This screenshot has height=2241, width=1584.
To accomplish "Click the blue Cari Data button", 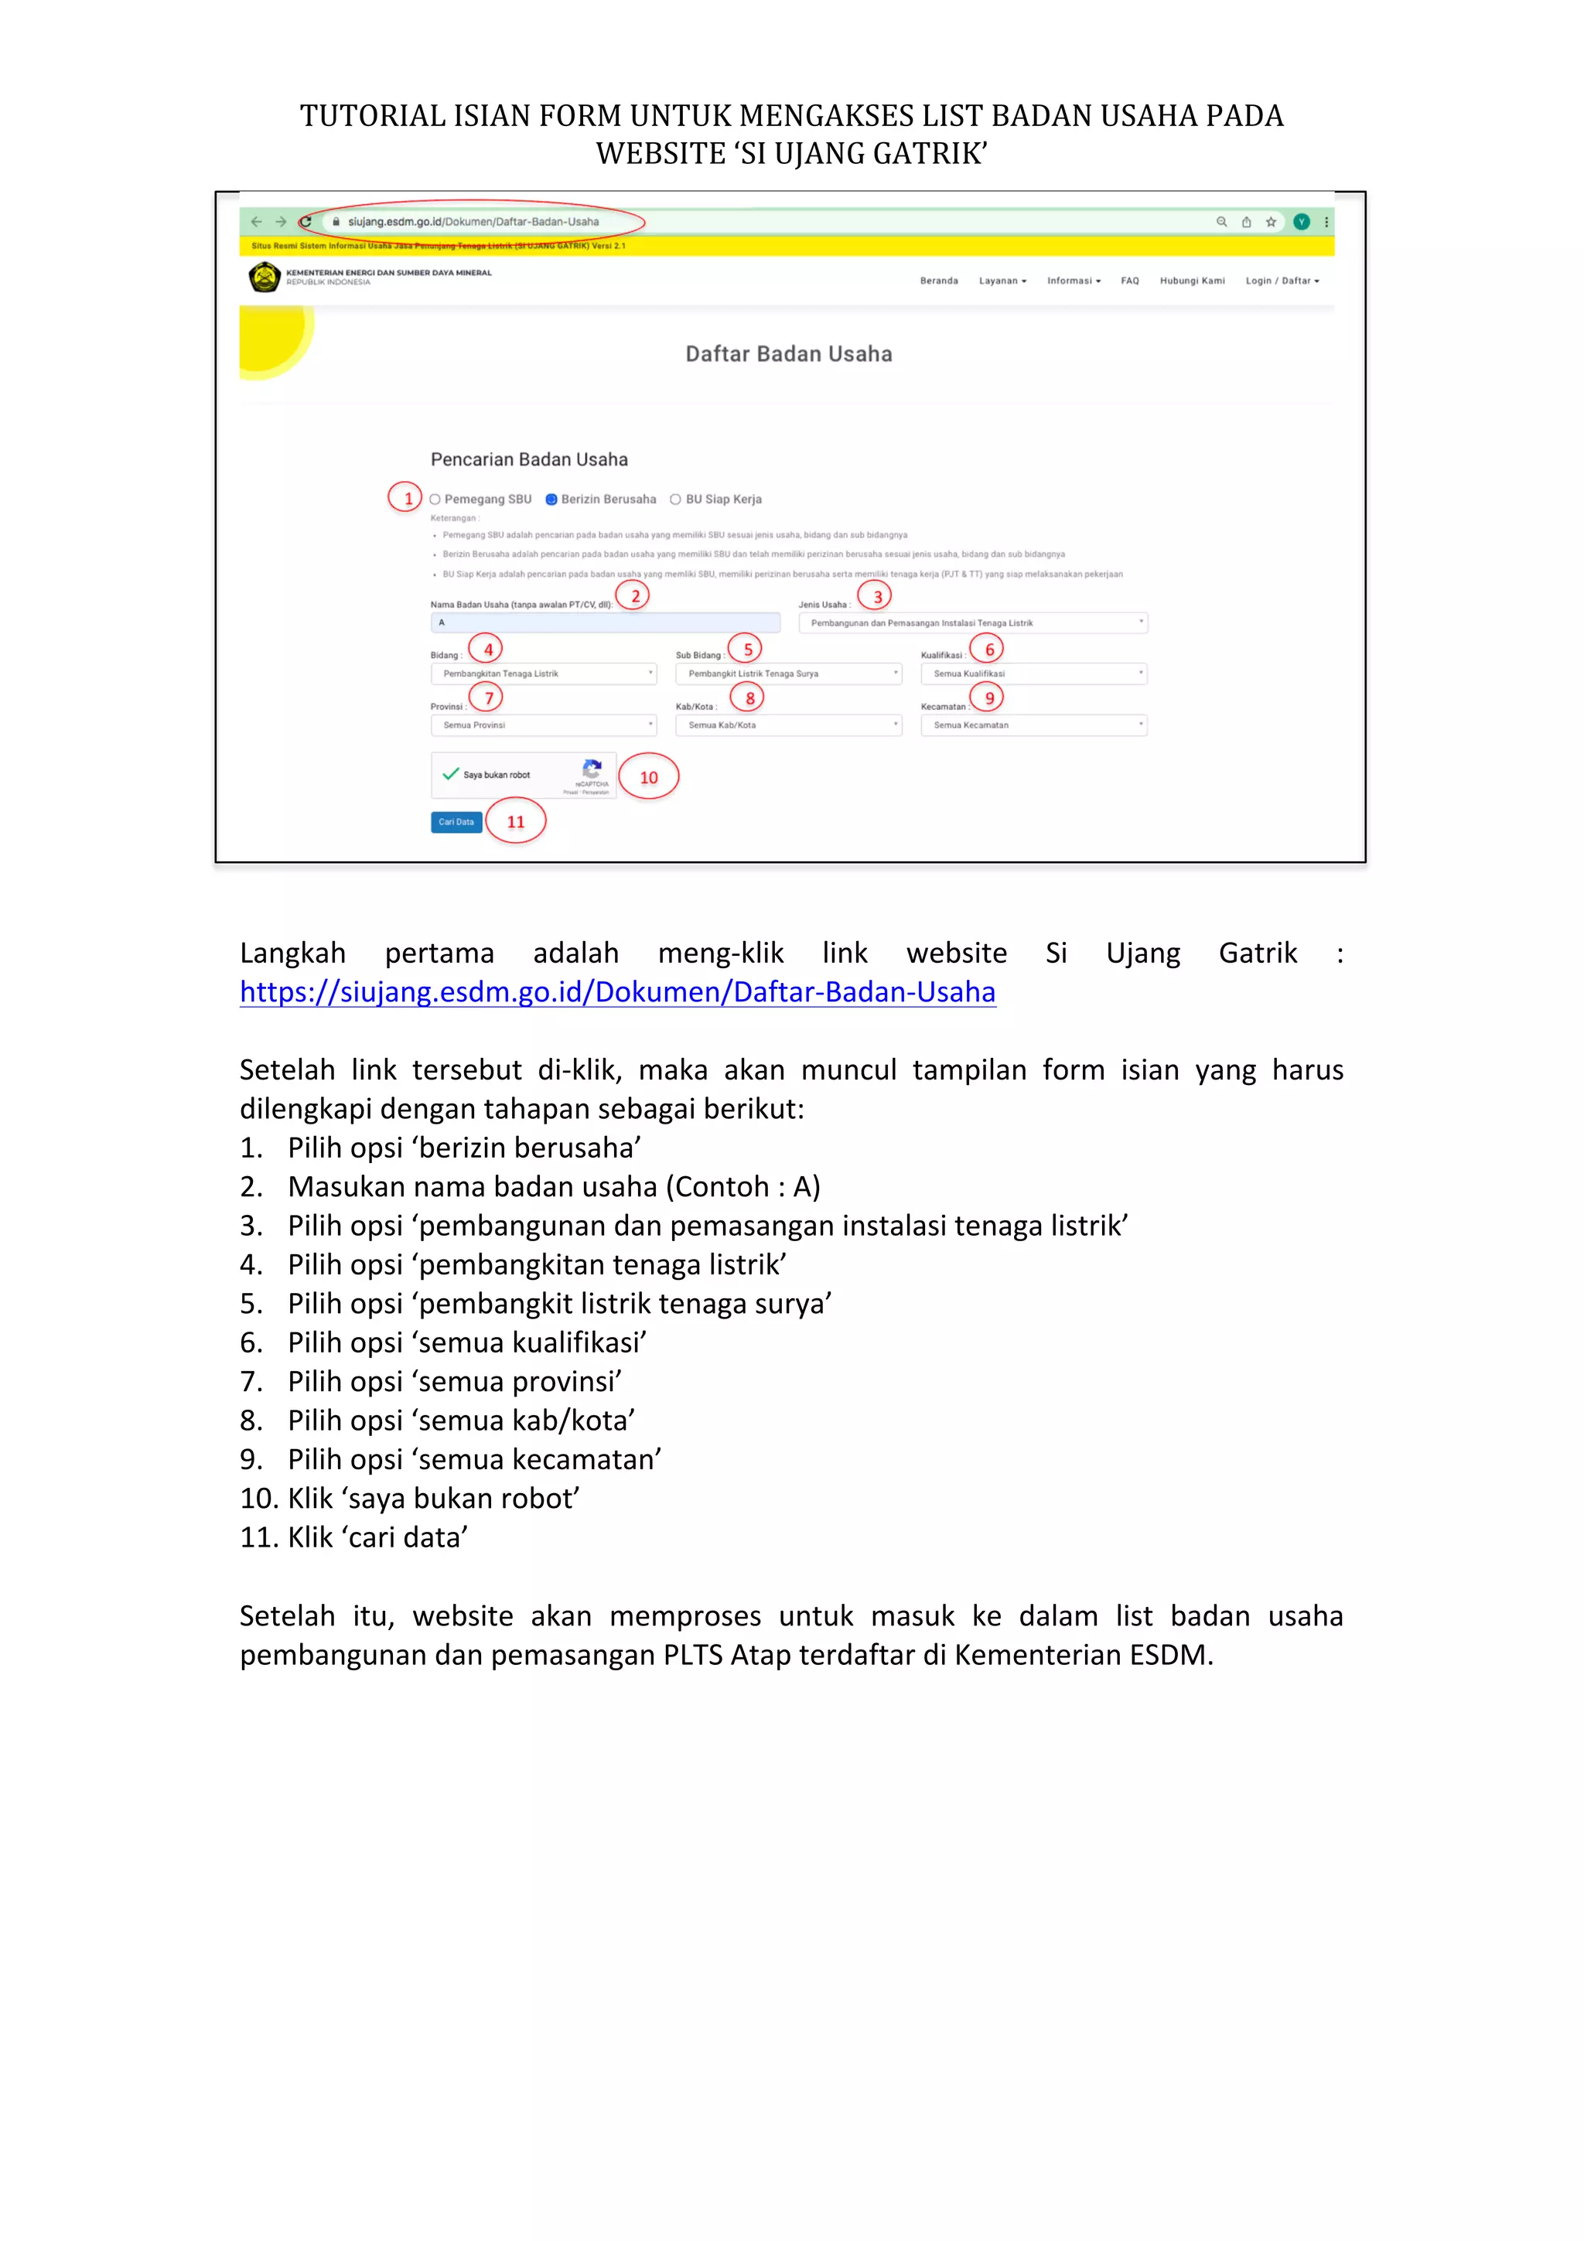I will click(456, 822).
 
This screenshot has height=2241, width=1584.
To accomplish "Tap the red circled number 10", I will click(648, 777).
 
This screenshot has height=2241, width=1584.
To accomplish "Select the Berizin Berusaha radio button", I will click(551, 500).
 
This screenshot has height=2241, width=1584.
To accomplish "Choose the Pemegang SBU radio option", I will click(435, 500).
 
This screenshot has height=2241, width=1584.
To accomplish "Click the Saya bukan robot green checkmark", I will click(450, 774).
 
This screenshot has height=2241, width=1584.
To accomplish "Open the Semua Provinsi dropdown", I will click(543, 725).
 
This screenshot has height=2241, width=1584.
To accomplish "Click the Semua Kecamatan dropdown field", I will click(1033, 725).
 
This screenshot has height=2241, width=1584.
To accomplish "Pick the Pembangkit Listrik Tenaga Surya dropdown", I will click(787, 674).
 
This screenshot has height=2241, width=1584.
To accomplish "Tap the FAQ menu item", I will click(1129, 281).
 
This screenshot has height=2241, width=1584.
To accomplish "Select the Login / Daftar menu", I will click(1281, 281).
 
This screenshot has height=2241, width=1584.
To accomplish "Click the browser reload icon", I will click(306, 222).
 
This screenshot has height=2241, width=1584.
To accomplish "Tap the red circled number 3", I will click(876, 596).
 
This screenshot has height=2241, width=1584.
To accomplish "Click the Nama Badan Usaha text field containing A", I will click(604, 622).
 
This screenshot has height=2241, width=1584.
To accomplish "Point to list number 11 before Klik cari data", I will click(258, 1538).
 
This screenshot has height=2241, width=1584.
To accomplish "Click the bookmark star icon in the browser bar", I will click(1271, 222).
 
